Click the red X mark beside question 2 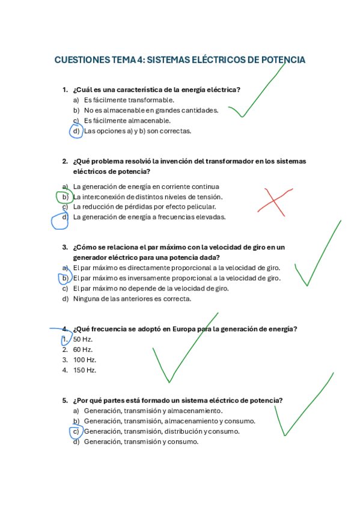[276, 202]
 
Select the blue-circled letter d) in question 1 [76, 131]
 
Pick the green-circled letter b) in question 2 [64, 197]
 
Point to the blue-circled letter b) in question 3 [64, 278]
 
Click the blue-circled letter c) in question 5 [76, 431]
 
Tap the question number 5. [64, 401]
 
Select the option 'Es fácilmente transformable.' [129, 100]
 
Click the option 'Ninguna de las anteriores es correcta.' [132, 298]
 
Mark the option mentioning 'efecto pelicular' [144, 207]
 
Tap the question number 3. [64, 247]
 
